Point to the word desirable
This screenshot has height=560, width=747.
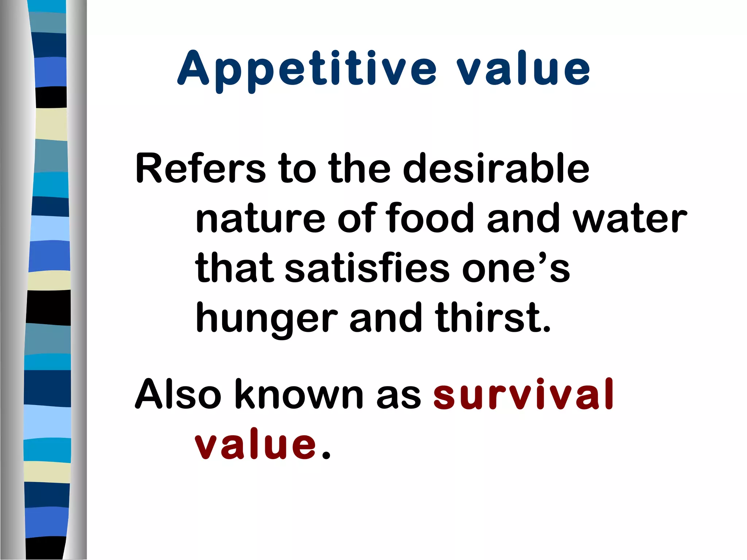(x=496, y=168)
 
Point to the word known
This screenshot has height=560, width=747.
(x=301, y=394)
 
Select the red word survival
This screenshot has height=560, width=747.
(x=524, y=394)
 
